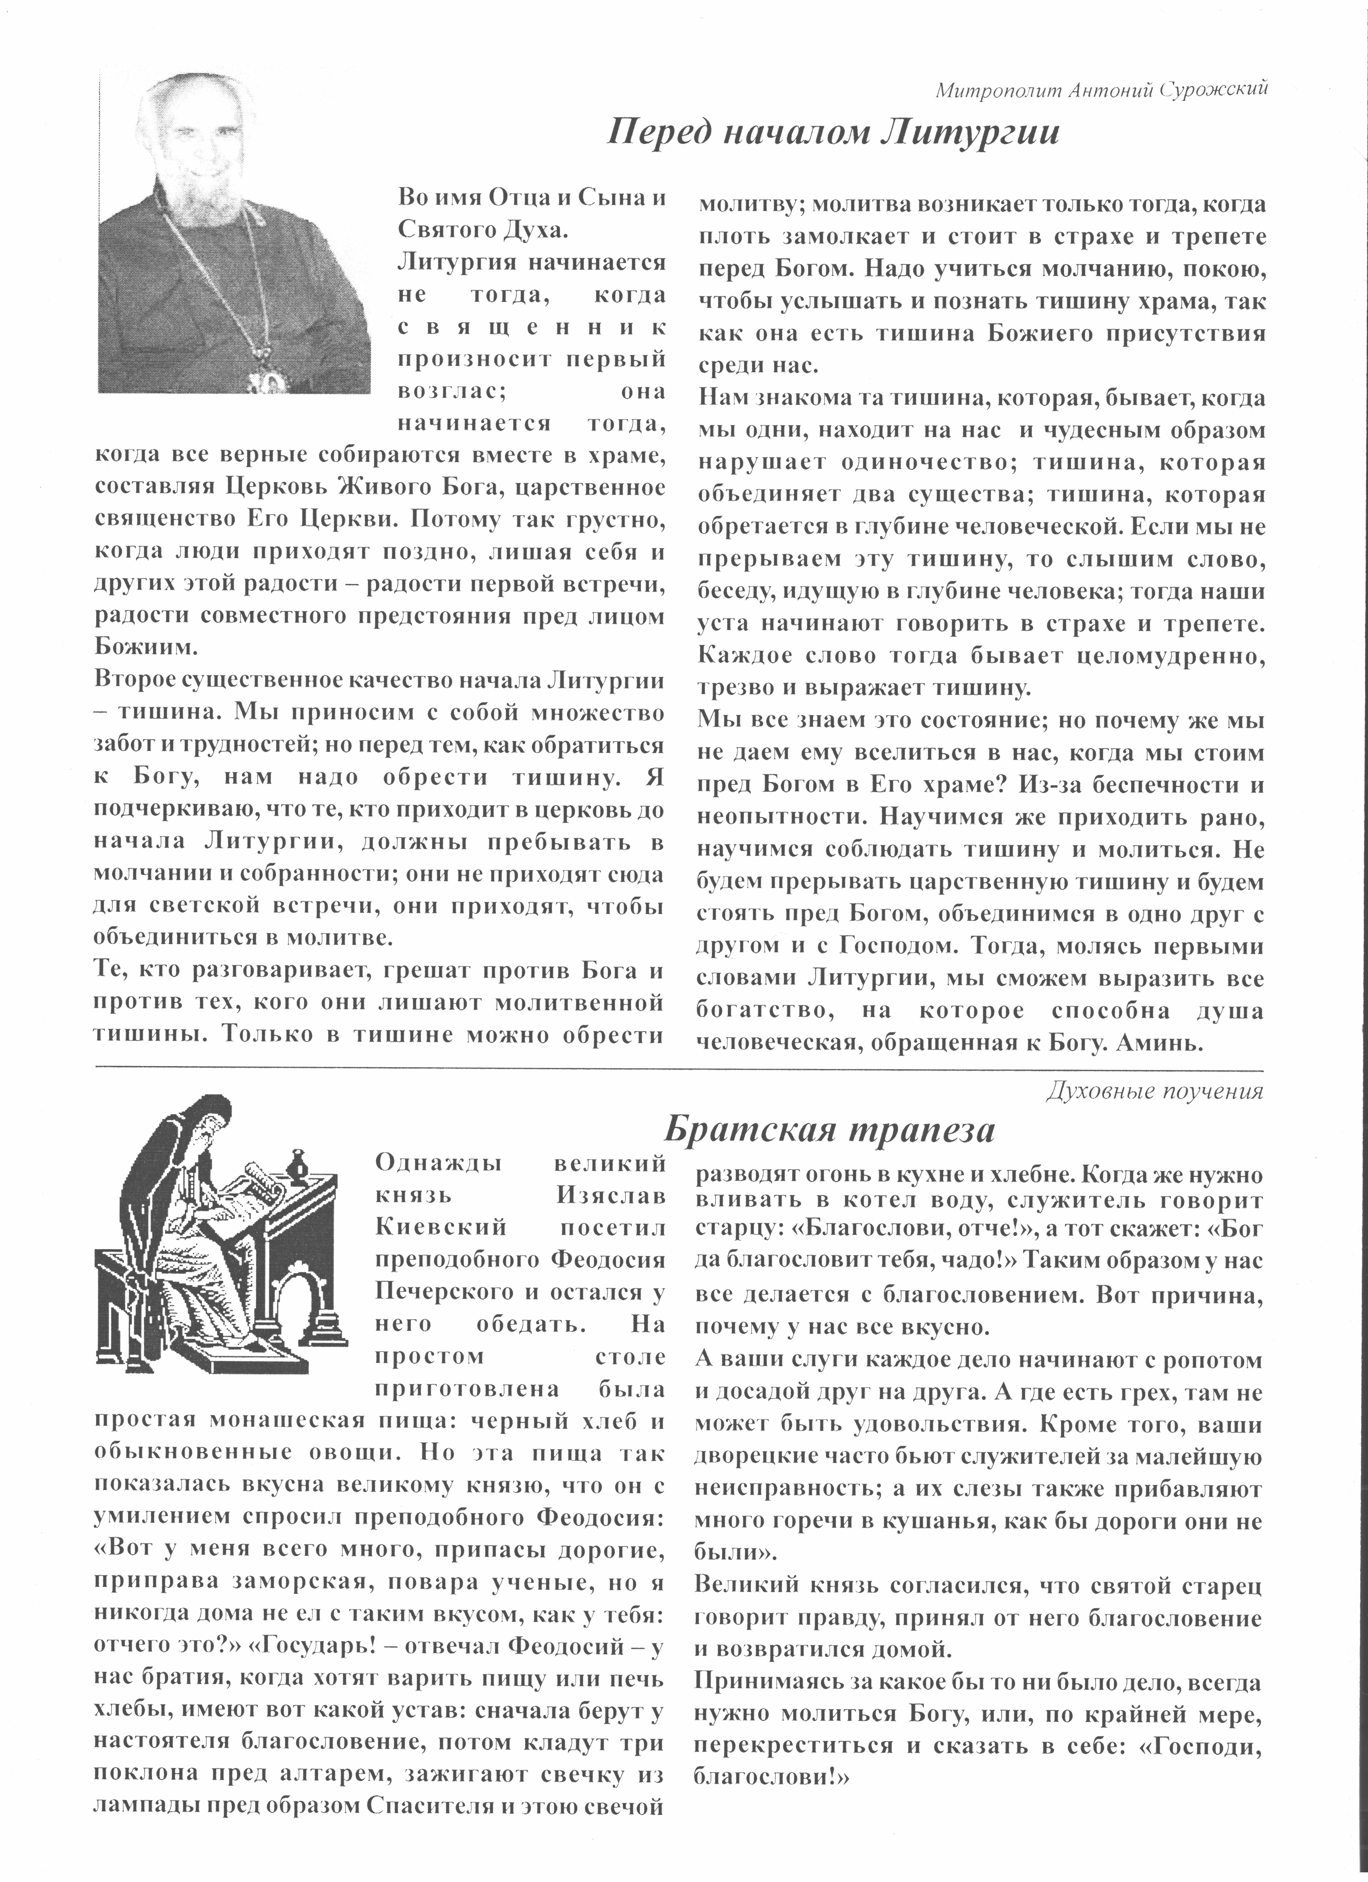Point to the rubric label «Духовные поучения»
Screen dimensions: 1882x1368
[1155, 1092]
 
